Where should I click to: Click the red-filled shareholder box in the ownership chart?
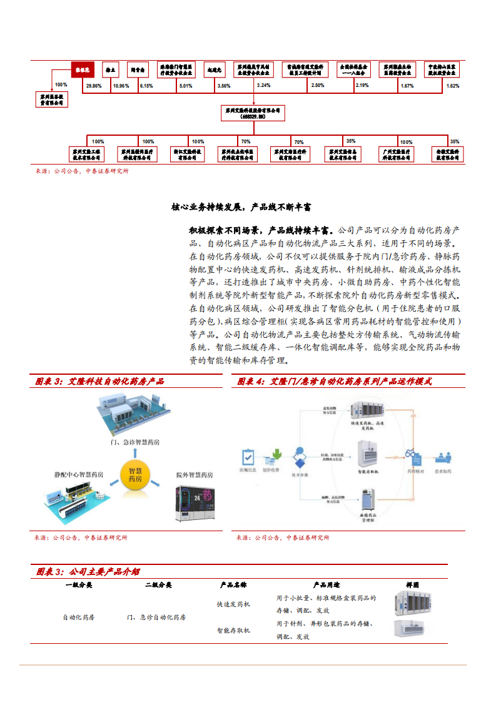click(83, 69)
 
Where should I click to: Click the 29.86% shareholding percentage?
click(94, 85)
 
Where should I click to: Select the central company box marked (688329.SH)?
click(253, 113)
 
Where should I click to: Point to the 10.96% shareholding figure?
click(120, 85)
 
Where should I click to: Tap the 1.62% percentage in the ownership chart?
click(453, 85)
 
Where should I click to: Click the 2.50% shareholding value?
click(318, 85)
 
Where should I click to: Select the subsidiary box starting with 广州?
click(397, 155)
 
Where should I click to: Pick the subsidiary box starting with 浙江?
click(188, 155)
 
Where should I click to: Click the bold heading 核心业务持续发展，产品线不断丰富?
click(241, 206)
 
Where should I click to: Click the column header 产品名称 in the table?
click(233, 585)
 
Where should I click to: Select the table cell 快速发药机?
click(233, 604)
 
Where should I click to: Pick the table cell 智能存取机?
click(233, 630)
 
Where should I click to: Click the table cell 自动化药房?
click(79, 617)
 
